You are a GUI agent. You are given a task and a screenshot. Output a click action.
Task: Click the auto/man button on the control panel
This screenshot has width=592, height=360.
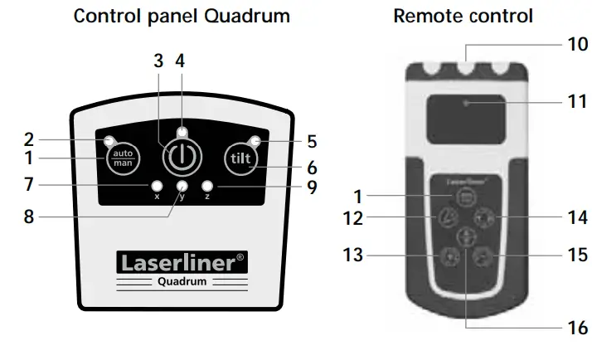tap(122, 157)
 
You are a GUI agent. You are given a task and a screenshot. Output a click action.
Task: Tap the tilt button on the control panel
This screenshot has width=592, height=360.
tap(240, 157)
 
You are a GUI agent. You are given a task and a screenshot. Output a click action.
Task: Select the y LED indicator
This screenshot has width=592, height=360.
tap(181, 186)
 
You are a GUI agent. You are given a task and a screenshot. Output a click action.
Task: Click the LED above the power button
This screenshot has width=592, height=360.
tap(181, 132)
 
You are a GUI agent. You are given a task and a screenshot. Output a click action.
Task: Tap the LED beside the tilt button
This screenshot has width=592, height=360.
tap(256, 140)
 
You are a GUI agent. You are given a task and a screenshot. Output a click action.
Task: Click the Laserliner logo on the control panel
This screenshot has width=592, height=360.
tap(182, 264)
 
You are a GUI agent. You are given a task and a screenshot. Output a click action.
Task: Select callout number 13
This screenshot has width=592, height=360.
tap(352, 255)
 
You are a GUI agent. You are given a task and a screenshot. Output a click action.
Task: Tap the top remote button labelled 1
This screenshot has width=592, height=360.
tap(463, 197)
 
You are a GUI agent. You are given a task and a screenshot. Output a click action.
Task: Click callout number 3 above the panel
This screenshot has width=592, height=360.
tap(158, 62)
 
